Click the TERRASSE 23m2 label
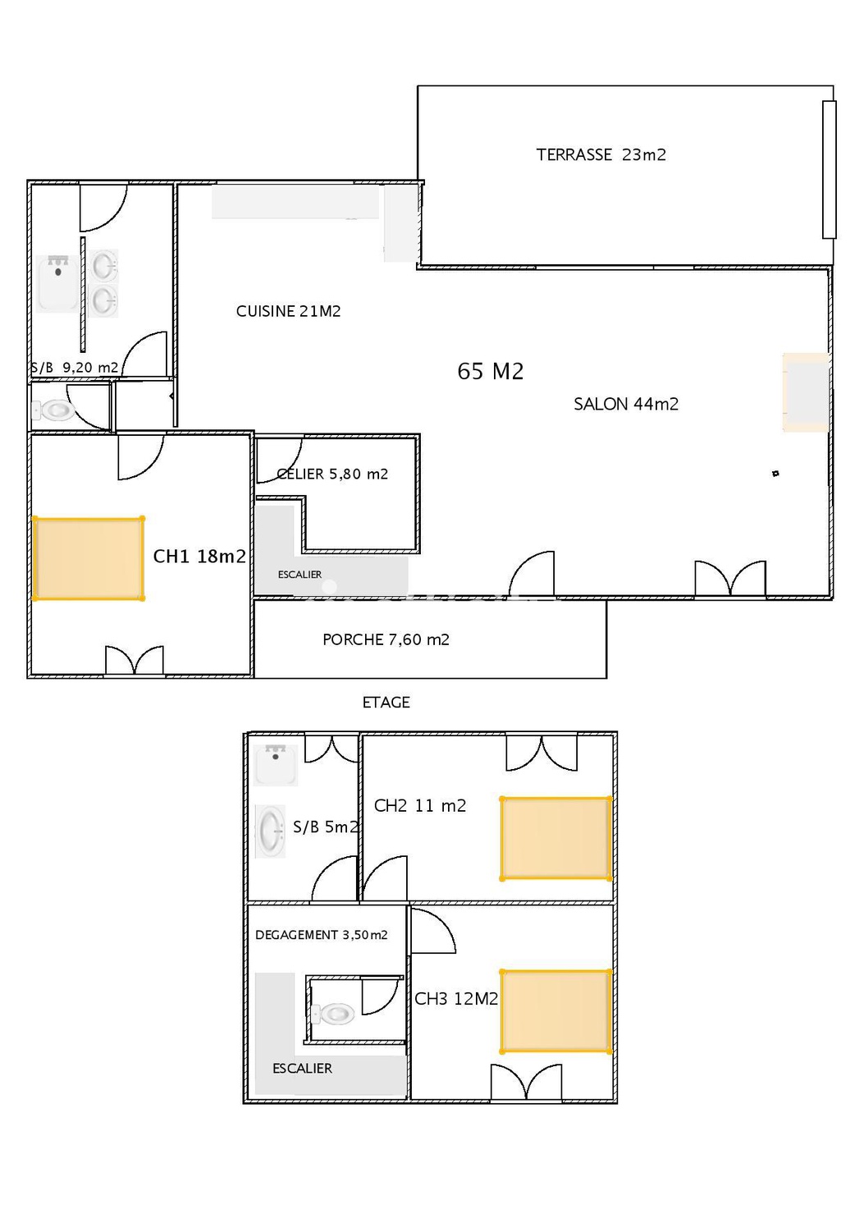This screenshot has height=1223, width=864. pos(601,155)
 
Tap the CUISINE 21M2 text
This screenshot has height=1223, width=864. pos(288,311)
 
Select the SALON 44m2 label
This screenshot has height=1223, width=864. pos(626,404)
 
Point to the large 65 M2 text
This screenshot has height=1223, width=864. pos(490,371)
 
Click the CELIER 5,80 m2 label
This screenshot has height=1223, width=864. pos(332,474)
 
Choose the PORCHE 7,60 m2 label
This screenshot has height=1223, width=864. pos(386,639)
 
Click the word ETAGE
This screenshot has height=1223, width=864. pos(386,702)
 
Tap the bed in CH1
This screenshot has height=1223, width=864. pos(88,558)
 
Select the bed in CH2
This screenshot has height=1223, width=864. pos(555,838)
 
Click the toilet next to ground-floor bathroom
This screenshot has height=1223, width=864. pos(53,410)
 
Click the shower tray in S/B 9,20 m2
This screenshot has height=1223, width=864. pos(58,283)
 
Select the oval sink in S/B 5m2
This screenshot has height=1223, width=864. pos(270,831)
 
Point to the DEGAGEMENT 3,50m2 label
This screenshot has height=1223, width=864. pos(321,935)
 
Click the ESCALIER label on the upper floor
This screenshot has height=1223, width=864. pos(302,1069)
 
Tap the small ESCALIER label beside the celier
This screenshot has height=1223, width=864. pos(299,575)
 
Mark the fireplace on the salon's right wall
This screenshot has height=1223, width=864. pos(807,392)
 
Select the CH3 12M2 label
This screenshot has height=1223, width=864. pos(456,999)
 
